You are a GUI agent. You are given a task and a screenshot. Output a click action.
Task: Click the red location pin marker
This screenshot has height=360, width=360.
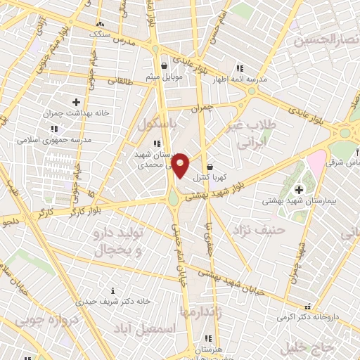[180, 165]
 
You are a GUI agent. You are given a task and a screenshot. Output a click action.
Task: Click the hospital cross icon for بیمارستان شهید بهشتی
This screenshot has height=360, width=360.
[299, 189]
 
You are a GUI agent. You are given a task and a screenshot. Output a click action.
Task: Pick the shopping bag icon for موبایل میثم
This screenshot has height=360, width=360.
[164, 66]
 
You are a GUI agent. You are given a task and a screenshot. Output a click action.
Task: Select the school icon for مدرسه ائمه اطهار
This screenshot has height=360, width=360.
[240, 68]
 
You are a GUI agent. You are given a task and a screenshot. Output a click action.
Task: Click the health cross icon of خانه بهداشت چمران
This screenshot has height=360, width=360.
[76, 103]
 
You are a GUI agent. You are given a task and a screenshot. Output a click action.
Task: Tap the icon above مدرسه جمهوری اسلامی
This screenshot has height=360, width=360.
[53, 129]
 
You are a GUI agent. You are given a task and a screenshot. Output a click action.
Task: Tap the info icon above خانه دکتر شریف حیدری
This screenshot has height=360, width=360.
[115, 290]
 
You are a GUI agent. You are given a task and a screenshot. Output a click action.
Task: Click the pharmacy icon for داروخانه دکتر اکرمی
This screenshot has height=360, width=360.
[307, 307]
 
